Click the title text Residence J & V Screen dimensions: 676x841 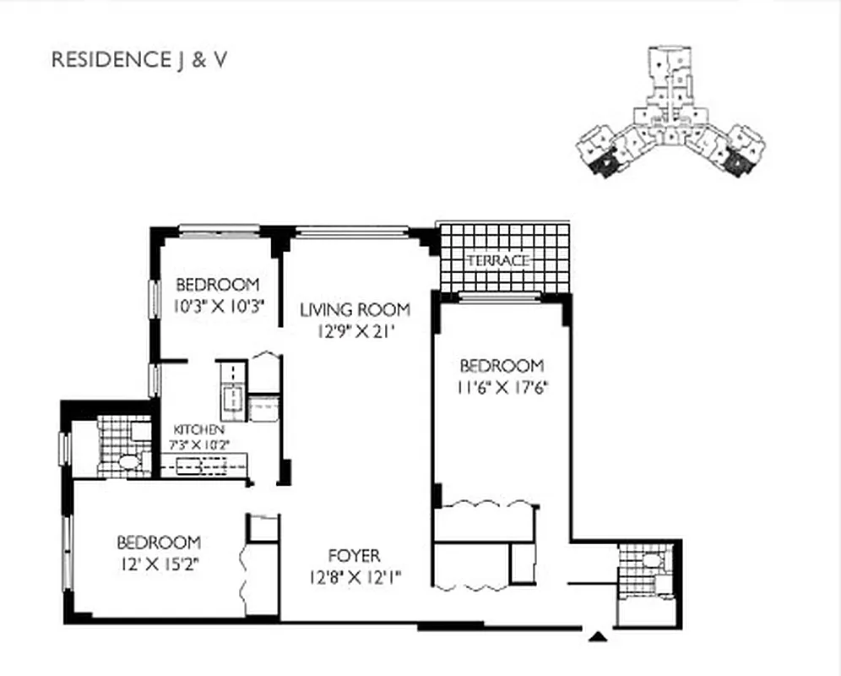pyautogui.click(x=139, y=60)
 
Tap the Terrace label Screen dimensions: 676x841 pyautogui.click(x=497, y=260)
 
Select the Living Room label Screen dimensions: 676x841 pyautogui.click(x=355, y=309)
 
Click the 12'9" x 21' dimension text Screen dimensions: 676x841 pyautogui.click(x=355, y=332)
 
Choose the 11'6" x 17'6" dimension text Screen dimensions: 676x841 pyautogui.click(x=502, y=389)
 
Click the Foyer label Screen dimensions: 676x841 pyautogui.click(x=354, y=556)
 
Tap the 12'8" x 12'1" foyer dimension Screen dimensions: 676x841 pyautogui.click(x=354, y=578)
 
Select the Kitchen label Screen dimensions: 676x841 pyautogui.click(x=198, y=430)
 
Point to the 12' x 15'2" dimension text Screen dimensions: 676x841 pyautogui.click(x=159, y=564)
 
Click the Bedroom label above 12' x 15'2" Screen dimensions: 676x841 pyautogui.click(x=159, y=542)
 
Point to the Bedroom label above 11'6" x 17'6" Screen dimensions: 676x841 pyautogui.click(x=502, y=366)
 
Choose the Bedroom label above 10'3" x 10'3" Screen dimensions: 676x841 pyautogui.click(x=217, y=284)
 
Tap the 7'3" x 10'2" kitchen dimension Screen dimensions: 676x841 pyautogui.click(x=202, y=444)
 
